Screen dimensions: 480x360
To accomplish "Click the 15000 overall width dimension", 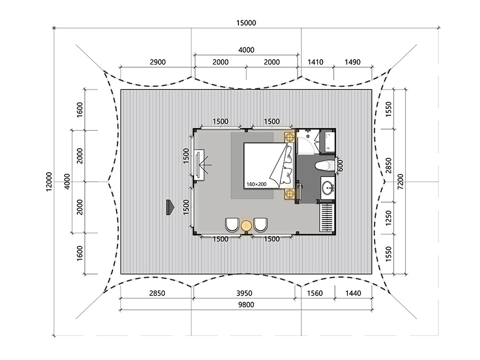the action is (246, 23).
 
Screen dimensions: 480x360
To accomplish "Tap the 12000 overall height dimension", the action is (49, 182).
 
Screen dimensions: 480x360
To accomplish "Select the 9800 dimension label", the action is (246, 305).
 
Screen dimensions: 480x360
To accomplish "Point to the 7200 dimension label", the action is (401, 181).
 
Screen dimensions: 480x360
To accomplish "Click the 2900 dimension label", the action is (158, 62).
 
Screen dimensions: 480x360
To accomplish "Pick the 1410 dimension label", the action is (315, 62).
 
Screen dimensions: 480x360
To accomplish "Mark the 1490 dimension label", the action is (353, 62).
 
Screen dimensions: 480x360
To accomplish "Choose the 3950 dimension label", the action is (244, 293).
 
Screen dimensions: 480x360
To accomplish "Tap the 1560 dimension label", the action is (315, 293).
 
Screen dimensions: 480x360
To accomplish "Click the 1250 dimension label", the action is (388, 218).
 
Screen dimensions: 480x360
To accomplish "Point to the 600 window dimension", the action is (340, 166).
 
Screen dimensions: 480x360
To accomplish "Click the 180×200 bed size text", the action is (257, 185).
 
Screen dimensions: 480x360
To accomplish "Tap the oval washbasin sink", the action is (329, 187).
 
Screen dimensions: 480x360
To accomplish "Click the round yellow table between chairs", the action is (246, 226).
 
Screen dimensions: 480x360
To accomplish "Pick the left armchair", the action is (232, 225).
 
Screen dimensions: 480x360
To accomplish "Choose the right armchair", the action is (260, 225).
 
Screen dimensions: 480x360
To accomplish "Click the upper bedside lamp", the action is (290, 135).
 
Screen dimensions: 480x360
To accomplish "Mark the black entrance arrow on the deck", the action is (170, 207).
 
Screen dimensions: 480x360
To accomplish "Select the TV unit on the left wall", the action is (199, 165).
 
